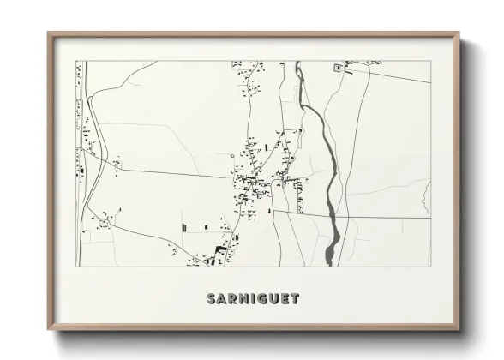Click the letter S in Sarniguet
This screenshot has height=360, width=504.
coord(212,299)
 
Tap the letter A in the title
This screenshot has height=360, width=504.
coord(224,299)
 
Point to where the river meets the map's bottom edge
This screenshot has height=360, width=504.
coord(329,265)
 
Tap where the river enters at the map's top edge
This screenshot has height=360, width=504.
coord(297,62)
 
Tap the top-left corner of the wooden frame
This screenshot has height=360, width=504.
coord(48,33)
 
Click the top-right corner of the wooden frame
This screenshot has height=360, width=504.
coord(459,33)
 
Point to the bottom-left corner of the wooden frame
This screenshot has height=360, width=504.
coord(48,329)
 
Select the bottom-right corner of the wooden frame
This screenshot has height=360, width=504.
coord(459,329)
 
